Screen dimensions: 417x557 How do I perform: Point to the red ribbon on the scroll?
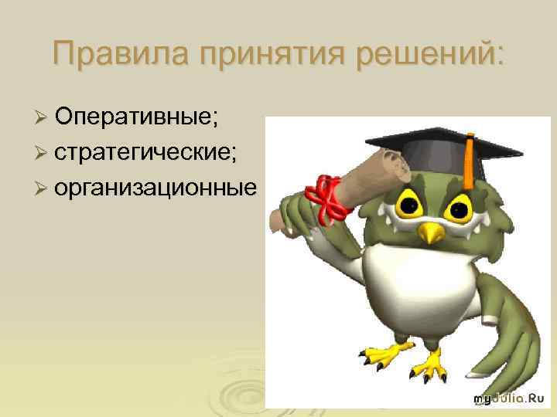[x=326, y=196]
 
